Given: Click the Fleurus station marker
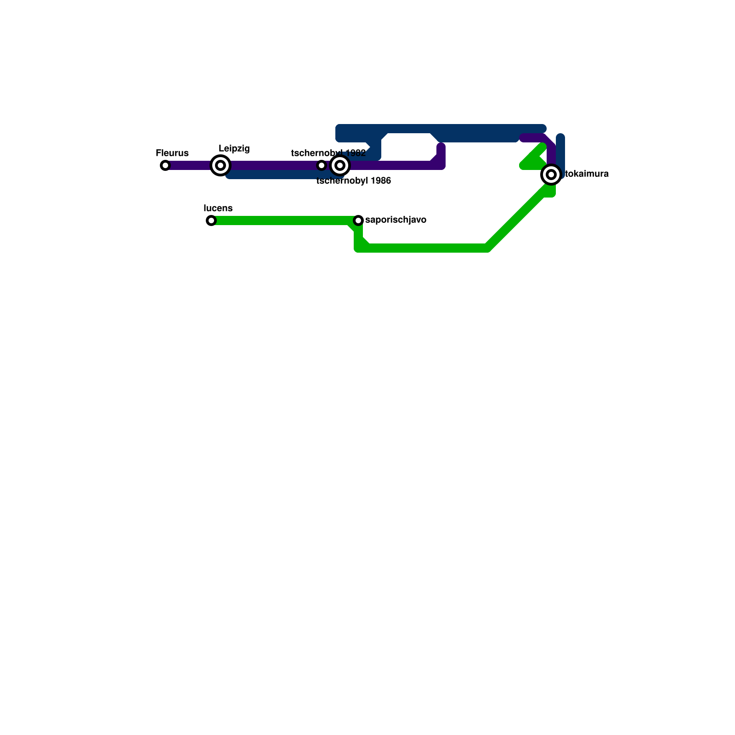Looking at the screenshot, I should point(165,165).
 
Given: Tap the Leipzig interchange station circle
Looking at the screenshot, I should point(220,165).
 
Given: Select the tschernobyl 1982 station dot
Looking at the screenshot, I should point(322,165).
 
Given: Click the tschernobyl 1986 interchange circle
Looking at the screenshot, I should point(340,165).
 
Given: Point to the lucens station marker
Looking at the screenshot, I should point(211,220).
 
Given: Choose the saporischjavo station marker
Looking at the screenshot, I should point(358,220).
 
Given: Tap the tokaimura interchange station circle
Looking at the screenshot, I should point(551,175).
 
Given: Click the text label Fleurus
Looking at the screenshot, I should point(172,153).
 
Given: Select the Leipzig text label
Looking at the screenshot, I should point(234,148).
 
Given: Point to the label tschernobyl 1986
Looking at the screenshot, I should point(354,181).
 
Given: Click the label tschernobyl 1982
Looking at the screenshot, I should point(328,153).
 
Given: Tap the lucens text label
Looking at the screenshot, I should point(218,208).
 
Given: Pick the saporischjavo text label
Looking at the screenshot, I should point(396,220).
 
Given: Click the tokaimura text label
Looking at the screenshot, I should point(587,174).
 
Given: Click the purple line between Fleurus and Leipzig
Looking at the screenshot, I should point(191,165).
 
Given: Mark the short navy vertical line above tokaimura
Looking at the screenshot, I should point(560,149).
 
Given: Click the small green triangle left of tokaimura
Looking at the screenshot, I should point(533,161).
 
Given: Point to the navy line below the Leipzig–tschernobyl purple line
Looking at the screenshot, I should point(276,175).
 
